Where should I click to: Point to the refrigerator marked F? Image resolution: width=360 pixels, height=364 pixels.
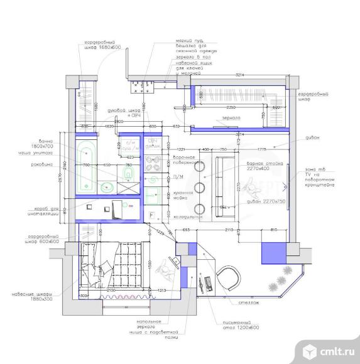tap(153, 215)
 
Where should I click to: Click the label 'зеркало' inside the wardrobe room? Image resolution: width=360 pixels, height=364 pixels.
tap(232, 117)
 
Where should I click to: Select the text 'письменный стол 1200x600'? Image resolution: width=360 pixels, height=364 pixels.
tap(237, 324)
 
